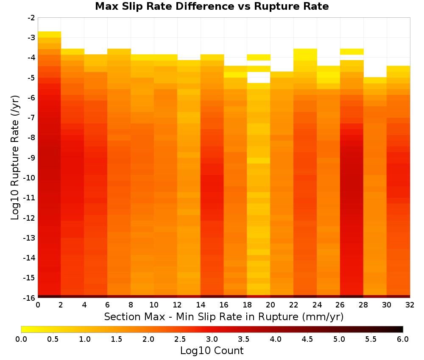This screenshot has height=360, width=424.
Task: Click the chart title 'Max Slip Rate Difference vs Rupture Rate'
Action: [x=212, y=6]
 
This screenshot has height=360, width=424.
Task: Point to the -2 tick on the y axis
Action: [x=31, y=18]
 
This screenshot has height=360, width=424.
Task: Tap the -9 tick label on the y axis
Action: [x=31, y=158]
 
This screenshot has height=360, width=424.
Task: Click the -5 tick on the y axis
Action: [x=31, y=78]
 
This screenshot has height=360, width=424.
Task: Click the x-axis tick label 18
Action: [x=247, y=305]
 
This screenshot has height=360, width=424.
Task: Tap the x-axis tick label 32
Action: [x=410, y=305]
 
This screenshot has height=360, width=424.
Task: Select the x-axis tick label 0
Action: [x=38, y=305]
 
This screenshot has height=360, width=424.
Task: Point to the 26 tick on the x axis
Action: [x=340, y=305]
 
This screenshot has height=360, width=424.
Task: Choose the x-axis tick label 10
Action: [x=154, y=305]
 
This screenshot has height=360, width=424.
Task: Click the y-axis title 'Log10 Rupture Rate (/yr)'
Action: [x=15, y=158]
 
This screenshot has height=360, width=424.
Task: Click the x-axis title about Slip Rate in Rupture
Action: [x=224, y=316]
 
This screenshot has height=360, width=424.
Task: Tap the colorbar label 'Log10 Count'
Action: [x=212, y=351]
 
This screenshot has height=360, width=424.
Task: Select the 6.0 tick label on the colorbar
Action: [x=403, y=339]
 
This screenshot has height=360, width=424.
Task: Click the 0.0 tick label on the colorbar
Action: [x=21, y=339]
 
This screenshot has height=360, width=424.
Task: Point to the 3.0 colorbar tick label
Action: [x=212, y=339]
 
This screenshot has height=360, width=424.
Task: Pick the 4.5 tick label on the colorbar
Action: [x=307, y=339]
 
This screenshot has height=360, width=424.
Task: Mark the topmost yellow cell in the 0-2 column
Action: [x=50, y=35]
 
